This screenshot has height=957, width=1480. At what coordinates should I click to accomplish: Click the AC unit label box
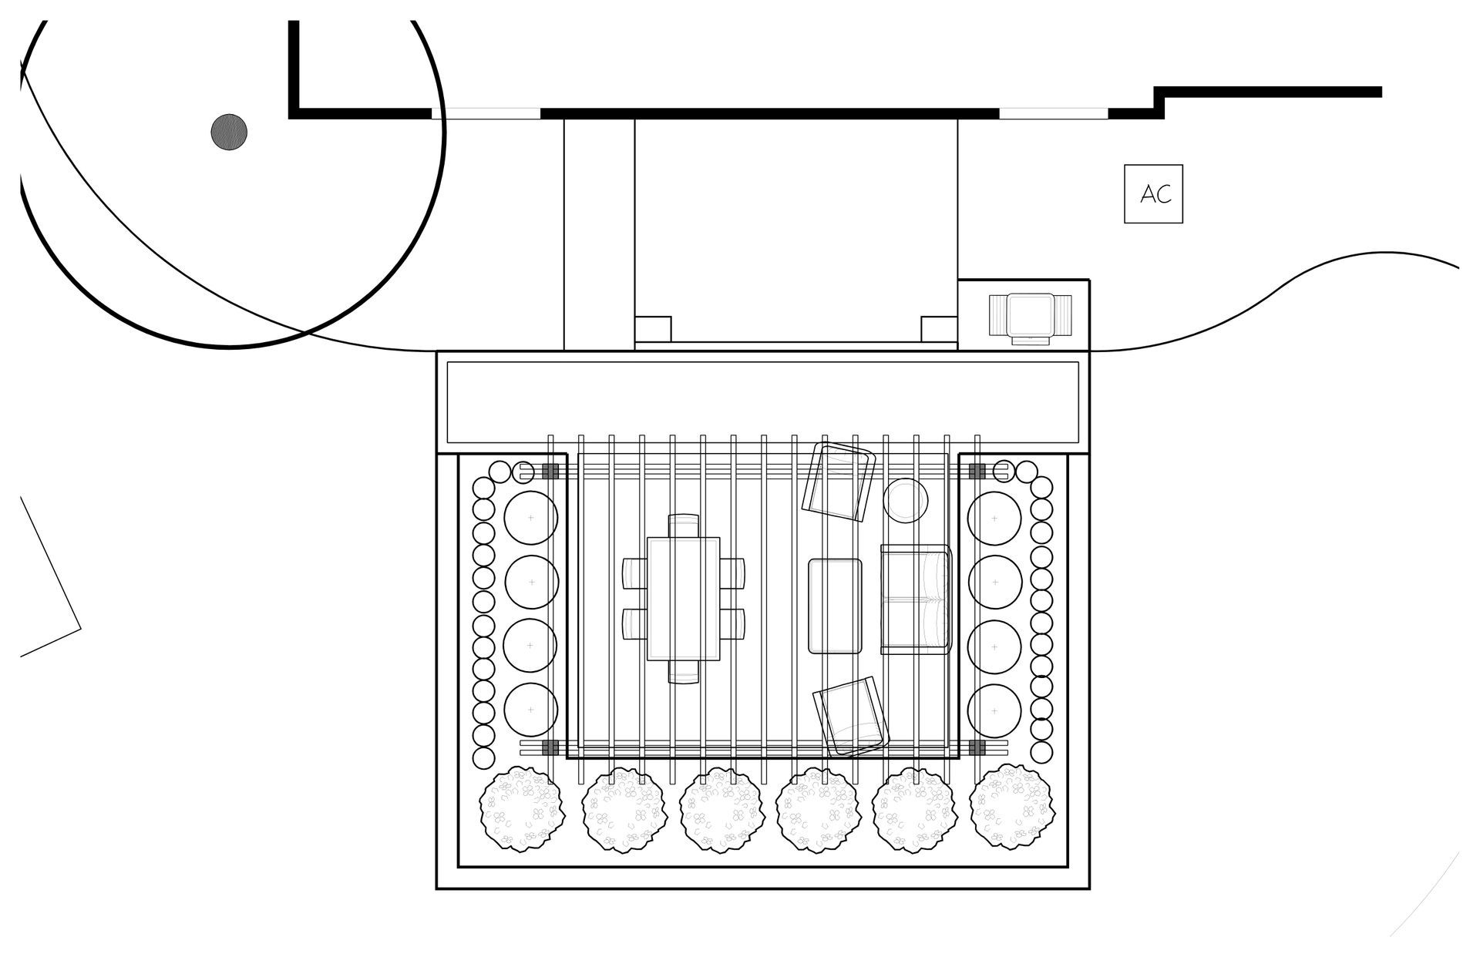pyautogui.click(x=1153, y=194)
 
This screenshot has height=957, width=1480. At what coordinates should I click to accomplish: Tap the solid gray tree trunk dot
pyautogui.click(x=229, y=132)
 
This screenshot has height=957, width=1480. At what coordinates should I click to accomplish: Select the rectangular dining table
pyautogui.click(x=683, y=599)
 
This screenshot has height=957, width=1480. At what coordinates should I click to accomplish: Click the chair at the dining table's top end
pyautogui.click(x=683, y=526)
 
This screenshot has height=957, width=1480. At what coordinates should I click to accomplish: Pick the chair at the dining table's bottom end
pyautogui.click(x=683, y=672)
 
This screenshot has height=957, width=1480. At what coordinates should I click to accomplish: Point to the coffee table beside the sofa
pyautogui.click(x=835, y=606)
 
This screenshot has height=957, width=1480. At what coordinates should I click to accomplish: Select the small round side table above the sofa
pyautogui.click(x=905, y=500)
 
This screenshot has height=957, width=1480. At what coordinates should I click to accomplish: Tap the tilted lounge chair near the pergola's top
pyautogui.click(x=839, y=485)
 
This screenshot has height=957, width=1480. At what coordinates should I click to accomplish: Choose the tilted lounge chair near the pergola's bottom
pyautogui.click(x=851, y=717)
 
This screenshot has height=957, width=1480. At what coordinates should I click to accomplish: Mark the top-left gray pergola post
pyautogui.click(x=550, y=472)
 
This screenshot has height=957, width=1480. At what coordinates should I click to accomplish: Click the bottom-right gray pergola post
pyautogui.click(x=977, y=747)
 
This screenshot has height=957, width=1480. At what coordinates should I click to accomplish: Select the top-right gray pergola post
pyautogui.click(x=977, y=472)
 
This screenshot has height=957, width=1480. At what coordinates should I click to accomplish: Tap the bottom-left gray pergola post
pyautogui.click(x=550, y=747)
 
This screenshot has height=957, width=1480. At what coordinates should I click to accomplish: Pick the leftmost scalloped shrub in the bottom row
pyautogui.click(x=521, y=808)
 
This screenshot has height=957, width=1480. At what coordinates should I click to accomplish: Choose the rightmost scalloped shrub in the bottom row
pyautogui.click(x=1011, y=807)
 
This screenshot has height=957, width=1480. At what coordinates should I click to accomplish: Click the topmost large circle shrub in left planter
pyautogui.click(x=530, y=518)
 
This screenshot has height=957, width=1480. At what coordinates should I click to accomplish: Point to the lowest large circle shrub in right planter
pyautogui.click(x=994, y=710)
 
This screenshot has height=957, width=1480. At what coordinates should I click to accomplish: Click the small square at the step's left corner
pyautogui.click(x=652, y=329)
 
